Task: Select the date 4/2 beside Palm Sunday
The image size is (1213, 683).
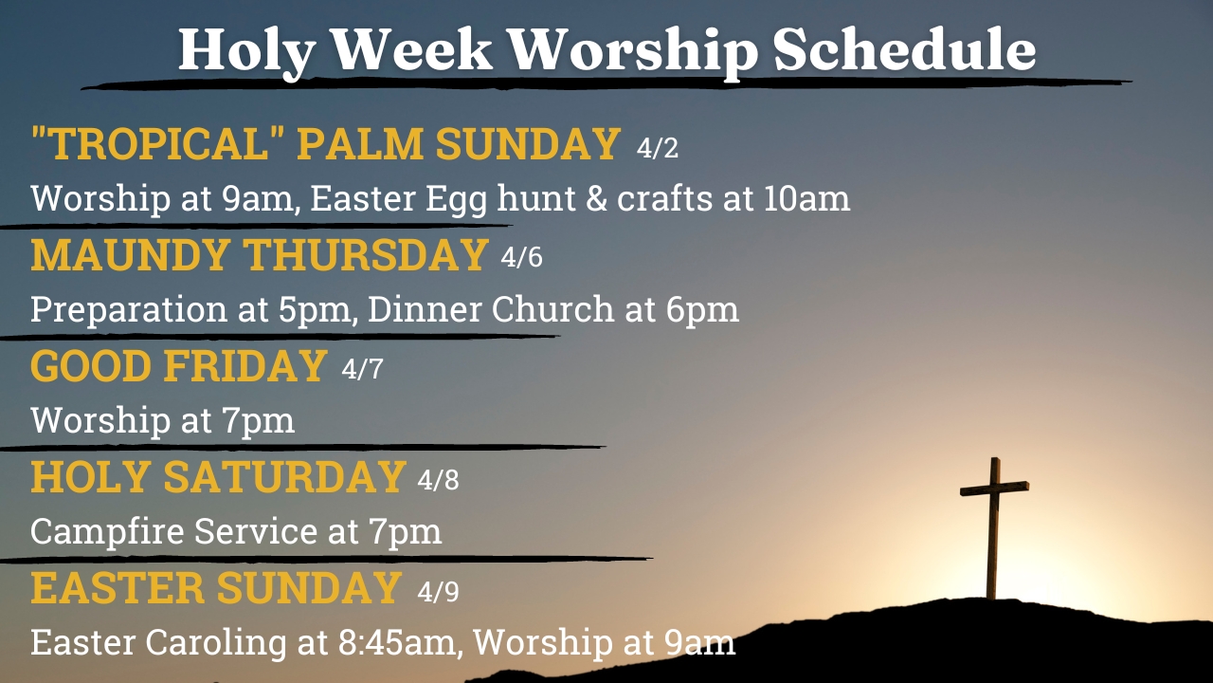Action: click(658, 147)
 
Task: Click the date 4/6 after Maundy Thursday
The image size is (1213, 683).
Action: click(521, 257)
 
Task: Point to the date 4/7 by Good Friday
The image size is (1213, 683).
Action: click(362, 369)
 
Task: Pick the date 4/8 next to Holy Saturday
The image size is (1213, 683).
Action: click(438, 479)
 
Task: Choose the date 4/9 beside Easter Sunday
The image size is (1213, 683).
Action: click(438, 591)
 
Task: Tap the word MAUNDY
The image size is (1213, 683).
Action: click(130, 254)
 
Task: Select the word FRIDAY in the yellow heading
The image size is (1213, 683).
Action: click(245, 366)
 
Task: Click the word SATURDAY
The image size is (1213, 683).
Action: click(285, 476)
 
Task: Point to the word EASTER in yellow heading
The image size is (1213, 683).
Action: click(118, 588)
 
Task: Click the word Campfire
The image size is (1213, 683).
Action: click(107, 532)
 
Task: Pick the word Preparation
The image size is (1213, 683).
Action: click(129, 311)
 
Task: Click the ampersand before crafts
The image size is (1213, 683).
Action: click(596, 198)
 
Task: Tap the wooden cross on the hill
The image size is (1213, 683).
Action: click(994, 528)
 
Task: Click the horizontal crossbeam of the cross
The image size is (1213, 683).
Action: click(994, 489)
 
